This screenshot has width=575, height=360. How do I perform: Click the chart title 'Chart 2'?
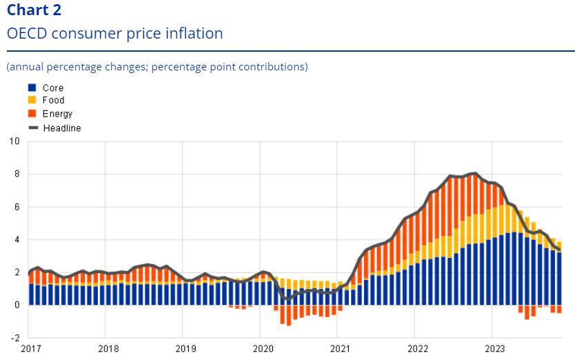(34, 10)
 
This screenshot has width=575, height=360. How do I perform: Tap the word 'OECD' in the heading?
(27, 34)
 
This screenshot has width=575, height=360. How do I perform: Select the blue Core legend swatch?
(32, 88)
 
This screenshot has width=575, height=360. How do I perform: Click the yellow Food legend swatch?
(32, 100)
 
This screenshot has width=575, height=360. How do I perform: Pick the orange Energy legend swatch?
(32, 113)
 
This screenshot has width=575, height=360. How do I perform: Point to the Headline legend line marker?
(33, 128)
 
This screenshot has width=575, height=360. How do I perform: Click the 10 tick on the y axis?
(14, 141)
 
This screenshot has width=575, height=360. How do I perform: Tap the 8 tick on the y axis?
(17, 174)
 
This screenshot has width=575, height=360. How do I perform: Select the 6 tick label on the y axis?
(17, 207)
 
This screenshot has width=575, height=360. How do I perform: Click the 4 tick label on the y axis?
(17, 239)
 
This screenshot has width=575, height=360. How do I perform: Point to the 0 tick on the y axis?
(17, 305)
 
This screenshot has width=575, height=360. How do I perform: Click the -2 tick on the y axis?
(15, 338)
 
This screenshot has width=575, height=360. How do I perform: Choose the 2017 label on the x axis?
(31, 348)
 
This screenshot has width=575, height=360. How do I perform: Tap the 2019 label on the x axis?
(186, 348)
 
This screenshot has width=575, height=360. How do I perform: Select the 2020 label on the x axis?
(263, 348)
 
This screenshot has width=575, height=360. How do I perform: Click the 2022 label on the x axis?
(418, 348)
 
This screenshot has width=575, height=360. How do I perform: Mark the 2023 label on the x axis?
(495, 348)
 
